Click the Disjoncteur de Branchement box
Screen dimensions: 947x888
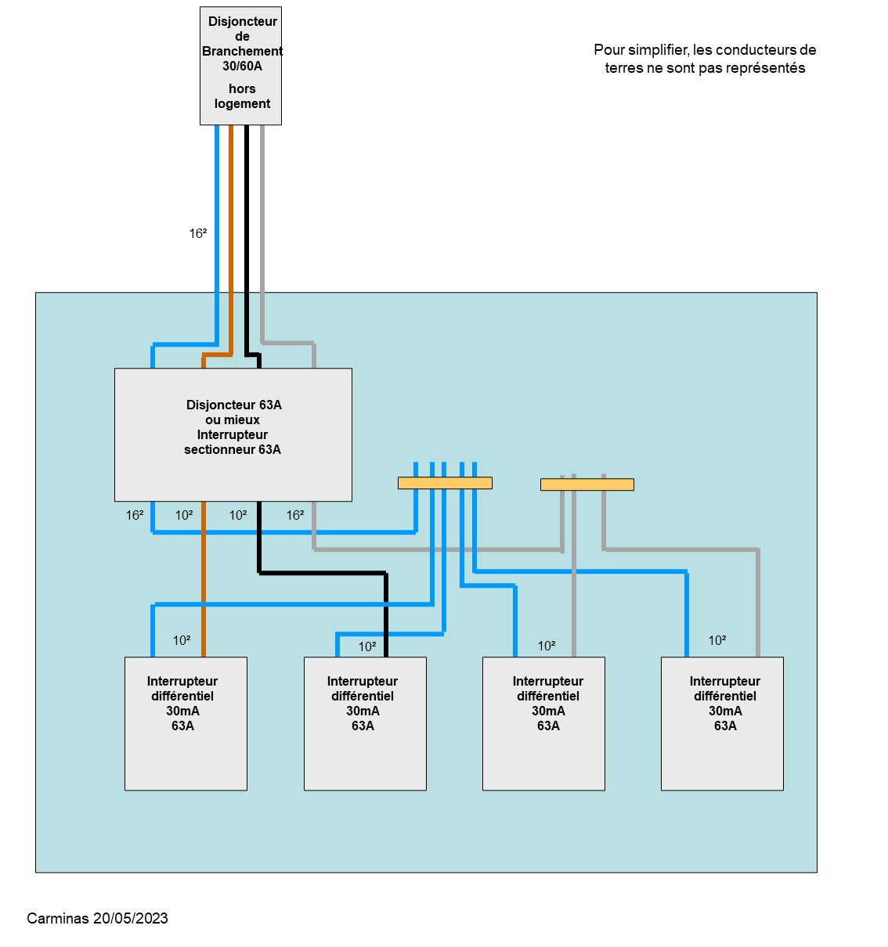coord(240,66)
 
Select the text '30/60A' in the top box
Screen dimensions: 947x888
coord(242,67)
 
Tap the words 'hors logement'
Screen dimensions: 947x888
coord(242,96)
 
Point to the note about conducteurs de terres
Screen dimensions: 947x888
coord(705,59)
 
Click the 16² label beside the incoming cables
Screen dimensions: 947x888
coord(198,233)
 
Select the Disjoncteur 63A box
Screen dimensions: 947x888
coord(233,434)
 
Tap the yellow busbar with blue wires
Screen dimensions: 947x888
coord(445,483)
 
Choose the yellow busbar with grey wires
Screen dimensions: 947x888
coord(587,484)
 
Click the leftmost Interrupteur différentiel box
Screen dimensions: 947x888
coord(186,723)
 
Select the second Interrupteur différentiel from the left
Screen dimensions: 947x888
coord(365,723)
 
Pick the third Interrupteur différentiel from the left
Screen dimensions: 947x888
coord(543,723)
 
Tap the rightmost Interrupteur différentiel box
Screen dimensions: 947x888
coord(722,723)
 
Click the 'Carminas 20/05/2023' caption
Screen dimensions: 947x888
coord(97,919)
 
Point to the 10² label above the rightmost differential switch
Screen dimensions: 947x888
coord(717,640)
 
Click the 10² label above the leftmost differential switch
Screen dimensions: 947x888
coord(182,640)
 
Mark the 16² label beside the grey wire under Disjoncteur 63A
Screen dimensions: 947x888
coord(295,515)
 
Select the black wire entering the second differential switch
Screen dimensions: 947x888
coord(386,626)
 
